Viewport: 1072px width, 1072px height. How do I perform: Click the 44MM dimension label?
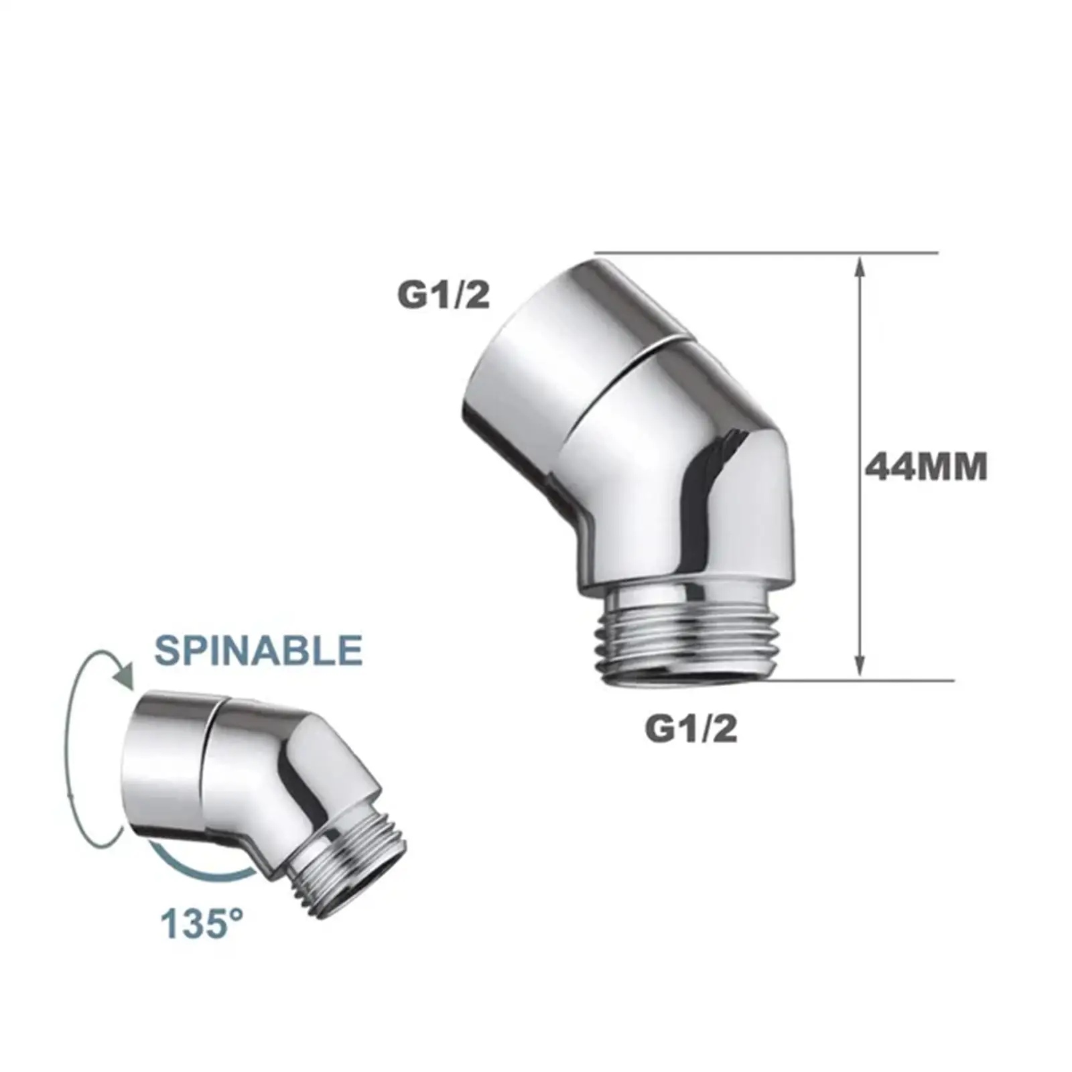point(926,467)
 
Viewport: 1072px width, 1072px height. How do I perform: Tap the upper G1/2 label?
point(444,295)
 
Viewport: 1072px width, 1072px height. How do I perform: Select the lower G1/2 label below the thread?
point(691,729)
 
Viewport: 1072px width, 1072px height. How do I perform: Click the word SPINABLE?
point(258,649)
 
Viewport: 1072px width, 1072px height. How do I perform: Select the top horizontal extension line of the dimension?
point(764,253)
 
